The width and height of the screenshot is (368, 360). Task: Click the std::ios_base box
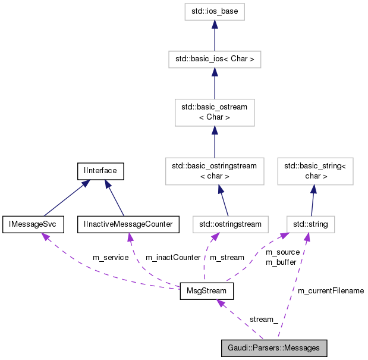214,11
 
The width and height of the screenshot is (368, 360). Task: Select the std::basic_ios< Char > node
214,60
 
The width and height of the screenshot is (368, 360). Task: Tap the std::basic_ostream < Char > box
214,112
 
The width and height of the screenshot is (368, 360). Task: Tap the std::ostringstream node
231,224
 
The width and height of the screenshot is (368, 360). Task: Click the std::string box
310,224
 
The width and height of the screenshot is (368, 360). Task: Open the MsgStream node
206,292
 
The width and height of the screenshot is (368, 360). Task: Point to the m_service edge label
111,258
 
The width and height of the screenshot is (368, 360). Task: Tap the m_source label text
282,253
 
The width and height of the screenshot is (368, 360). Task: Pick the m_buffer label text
281,262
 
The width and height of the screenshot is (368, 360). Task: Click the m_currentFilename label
331,291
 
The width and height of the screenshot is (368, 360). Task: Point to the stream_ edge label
263,320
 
